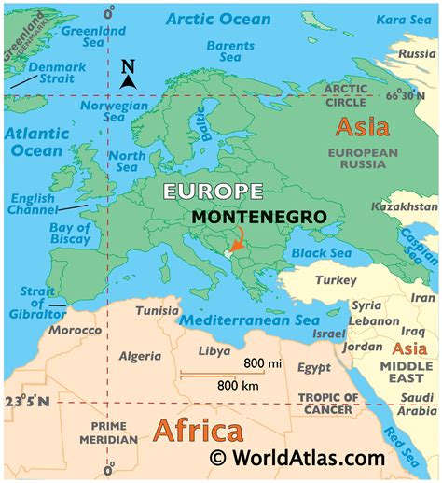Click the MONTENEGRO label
(258, 217)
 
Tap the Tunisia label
(158, 310)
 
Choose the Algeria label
(141, 356)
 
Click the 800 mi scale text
(263, 362)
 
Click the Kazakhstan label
(403, 206)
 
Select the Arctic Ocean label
(218, 18)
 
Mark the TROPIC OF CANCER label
(326, 404)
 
